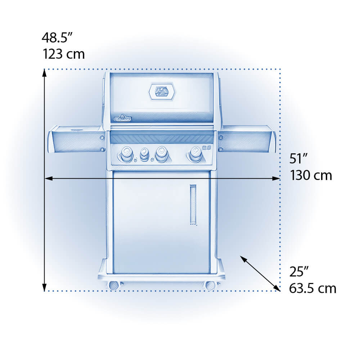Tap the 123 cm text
click(x=64, y=54)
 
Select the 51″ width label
click(x=298, y=159)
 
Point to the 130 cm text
click(x=311, y=175)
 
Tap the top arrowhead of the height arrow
click(x=44, y=73)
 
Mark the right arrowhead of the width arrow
click(x=277, y=178)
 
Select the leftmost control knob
click(x=126, y=154)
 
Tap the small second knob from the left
click(x=144, y=154)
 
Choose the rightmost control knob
click(x=195, y=154)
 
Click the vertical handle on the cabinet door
click(x=194, y=204)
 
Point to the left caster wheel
click(x=114, y=285)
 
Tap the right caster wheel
click(x=210, y=285)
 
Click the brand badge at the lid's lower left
click(x=123, y=117)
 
